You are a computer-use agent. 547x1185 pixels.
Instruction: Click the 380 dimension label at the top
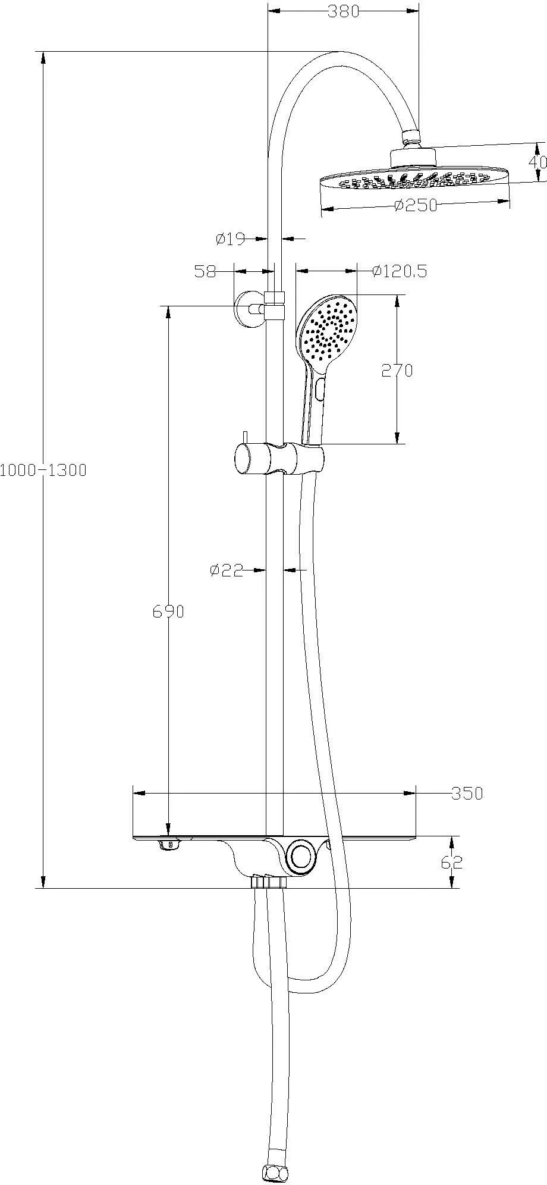click(344, 11)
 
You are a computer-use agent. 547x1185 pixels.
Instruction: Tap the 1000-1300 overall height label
click(43, 470)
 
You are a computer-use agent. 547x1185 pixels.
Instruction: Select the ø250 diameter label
click(416, 205)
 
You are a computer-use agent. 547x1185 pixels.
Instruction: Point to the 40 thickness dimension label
click(539, 162)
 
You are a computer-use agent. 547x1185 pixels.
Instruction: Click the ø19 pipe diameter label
click(231, 239)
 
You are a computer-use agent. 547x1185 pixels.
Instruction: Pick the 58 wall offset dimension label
click(205, 271)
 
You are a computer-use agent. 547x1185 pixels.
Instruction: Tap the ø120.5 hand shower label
click(400, 271)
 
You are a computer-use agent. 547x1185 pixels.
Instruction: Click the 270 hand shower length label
click(397, 370)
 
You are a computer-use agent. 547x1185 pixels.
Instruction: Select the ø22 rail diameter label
click(227, 570)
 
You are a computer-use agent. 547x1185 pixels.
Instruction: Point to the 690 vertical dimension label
click(168, 611)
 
